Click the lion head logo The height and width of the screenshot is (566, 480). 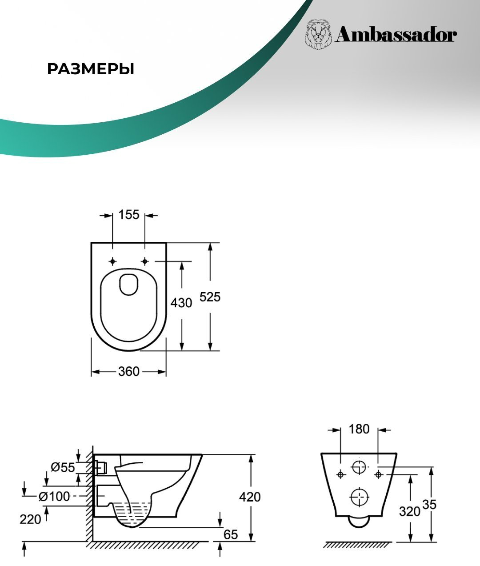[319, 35]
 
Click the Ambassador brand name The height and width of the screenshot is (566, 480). [396, 36]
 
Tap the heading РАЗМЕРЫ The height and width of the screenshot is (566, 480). [91, 69]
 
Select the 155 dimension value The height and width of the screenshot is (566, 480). [128, 215]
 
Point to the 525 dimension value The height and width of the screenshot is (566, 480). [210, 297]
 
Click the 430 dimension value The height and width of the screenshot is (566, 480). [181, 303]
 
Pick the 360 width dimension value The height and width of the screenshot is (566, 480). [128, 372]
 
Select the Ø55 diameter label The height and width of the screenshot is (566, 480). [63, 467]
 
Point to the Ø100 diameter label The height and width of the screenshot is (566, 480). [54, 497]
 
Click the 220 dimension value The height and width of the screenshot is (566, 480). [30, 519]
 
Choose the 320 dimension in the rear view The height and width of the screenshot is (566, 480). [409, 511]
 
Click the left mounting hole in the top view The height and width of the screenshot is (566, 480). [112, 261]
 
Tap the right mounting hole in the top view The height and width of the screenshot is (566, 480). [145, 261]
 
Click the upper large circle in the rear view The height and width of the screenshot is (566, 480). [359, 467]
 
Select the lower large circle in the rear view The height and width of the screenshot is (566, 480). [359, 497]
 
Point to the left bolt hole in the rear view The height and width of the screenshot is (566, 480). [340, 474]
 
